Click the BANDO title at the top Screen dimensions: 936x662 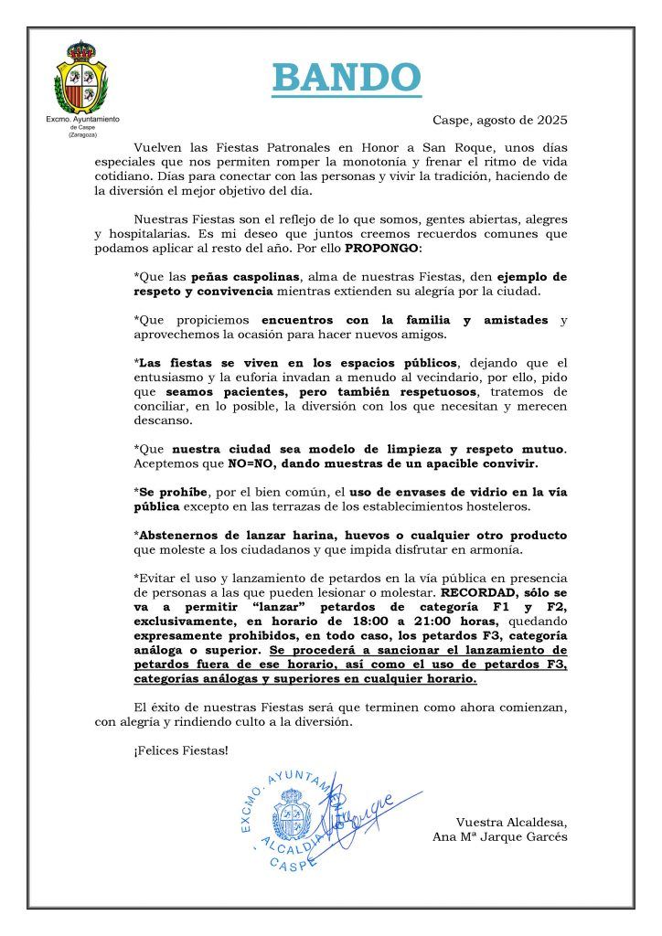347,79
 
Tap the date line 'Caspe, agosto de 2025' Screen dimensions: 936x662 499,120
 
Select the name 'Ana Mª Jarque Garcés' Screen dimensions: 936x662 500,836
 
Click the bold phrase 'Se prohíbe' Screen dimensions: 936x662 171,491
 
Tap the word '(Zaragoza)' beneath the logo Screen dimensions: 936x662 81,135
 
